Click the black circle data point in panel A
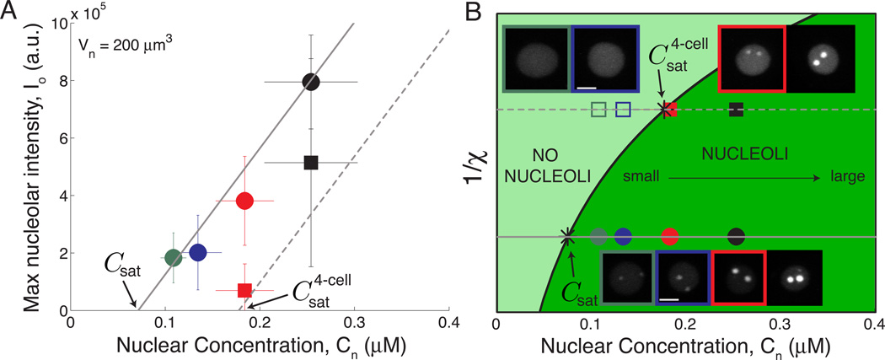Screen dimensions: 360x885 pos(311,82)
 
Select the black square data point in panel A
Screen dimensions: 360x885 pos(311,163)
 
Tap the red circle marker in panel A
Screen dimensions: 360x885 pos(244,201)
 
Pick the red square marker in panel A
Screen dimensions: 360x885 pos(244,290)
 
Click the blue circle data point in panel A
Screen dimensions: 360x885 pos(198,252)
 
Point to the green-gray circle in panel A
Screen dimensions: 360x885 pos(173,257)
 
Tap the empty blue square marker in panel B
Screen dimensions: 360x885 pos(623,109)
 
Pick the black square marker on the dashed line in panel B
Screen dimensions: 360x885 pos(736,109)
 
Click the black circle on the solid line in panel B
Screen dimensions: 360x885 pos(736,237)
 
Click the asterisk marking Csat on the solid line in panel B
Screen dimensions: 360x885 pos(568,237)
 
